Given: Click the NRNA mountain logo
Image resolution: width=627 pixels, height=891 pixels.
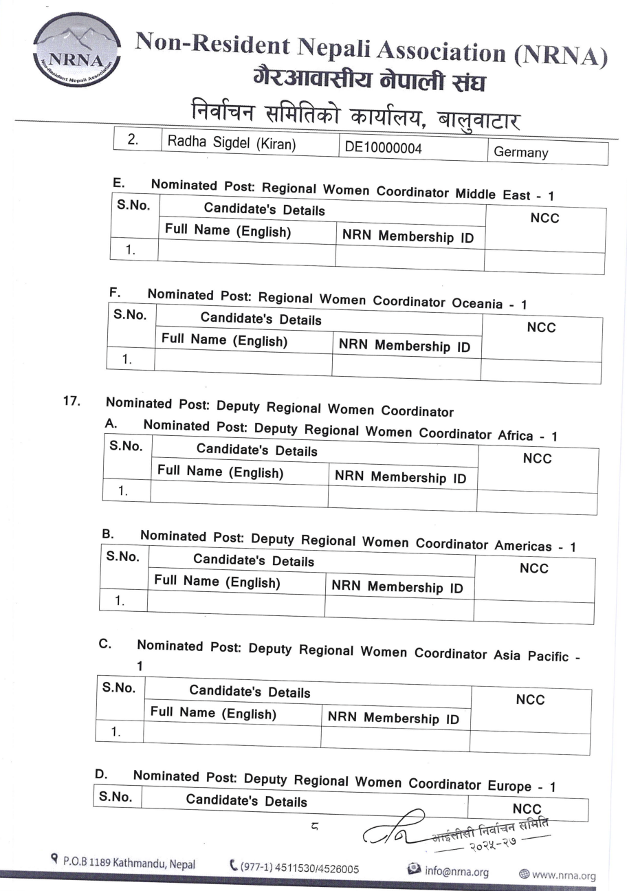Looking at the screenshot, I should click(76, 49).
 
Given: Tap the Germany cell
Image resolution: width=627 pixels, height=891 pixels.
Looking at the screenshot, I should click(520, 153).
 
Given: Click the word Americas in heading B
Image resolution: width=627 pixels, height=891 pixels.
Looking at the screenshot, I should click(522, 546).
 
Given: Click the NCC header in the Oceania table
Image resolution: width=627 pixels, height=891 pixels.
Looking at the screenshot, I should click(541, 328).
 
